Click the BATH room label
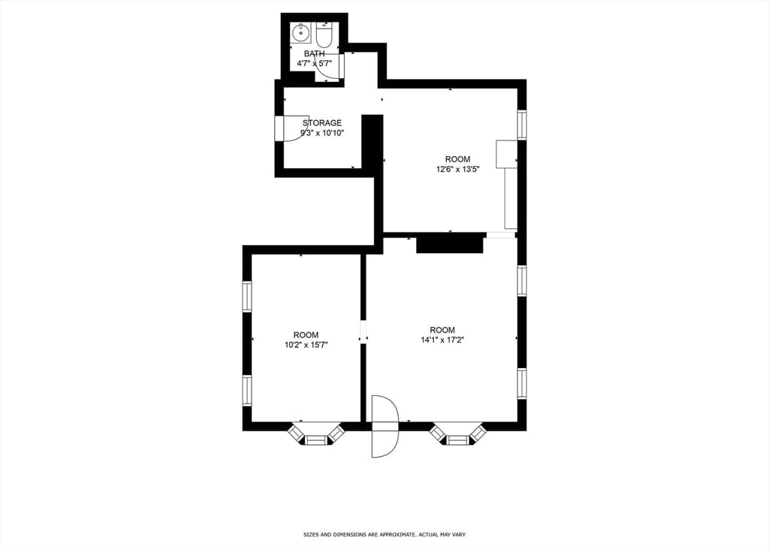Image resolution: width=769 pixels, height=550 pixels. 314,53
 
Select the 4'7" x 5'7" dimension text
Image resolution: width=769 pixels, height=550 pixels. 314,63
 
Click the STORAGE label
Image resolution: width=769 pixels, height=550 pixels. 321,123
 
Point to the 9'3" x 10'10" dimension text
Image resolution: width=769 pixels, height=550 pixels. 322,133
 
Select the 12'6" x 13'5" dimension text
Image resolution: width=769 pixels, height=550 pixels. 457,169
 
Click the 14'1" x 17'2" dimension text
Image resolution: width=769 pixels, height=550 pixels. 442,340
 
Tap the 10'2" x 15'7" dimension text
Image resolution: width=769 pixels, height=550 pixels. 306,345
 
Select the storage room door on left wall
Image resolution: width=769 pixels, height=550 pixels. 291,128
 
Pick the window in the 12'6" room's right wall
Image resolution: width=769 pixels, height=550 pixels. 522,125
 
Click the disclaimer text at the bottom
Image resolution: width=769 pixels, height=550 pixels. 384,534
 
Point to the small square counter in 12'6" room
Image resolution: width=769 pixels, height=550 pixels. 507,154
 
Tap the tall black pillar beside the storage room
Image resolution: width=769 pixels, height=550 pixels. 372,141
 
